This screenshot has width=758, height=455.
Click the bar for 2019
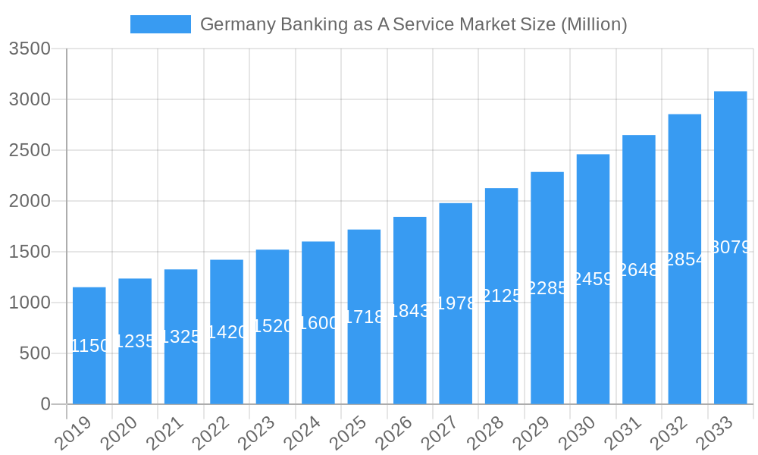click(89, 345)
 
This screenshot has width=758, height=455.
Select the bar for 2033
click(731, 247)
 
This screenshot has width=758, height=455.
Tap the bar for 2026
click(410, 310)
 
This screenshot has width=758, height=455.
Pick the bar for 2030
click(593, 279)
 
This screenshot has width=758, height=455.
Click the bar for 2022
click(227, 331)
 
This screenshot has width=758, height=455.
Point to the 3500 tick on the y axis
click(30, 49)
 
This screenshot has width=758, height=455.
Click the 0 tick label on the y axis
click(45, 404)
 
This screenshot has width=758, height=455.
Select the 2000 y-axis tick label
click(30, 201)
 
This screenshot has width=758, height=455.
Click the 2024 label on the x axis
click(302, 434)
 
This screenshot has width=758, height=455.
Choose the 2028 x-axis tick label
click(485, 434)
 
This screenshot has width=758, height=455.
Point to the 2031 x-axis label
click(622, 434)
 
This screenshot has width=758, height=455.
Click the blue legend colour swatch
click(161, 24)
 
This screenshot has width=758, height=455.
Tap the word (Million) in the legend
click(594, 24)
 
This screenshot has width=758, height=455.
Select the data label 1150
click(89, 347)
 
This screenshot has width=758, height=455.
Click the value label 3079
click(731, 247)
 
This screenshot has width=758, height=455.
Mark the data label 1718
click(365, 317)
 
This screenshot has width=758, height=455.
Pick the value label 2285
click(547, 288)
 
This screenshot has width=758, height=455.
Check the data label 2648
click(639, 270)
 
